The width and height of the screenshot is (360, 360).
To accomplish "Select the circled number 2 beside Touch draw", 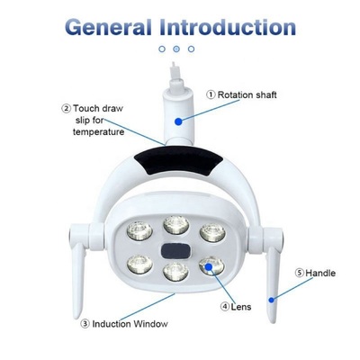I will coord(66,108).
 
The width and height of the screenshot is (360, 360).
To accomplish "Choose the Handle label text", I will coord(320,273).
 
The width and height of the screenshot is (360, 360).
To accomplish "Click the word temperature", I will coord(97,132).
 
